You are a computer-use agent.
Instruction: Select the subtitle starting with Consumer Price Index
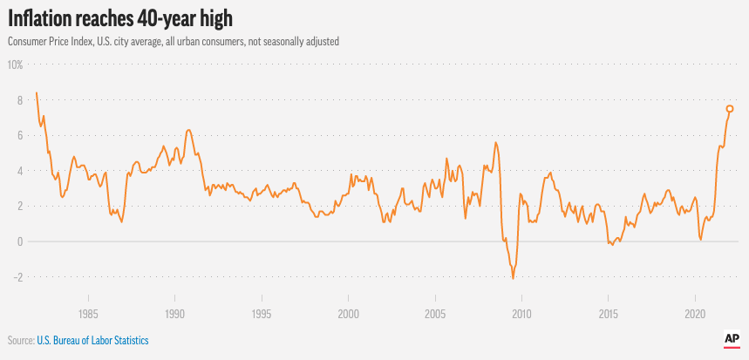(174, 42)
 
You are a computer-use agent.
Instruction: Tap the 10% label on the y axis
(15, 65)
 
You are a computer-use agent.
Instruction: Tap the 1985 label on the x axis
(87, 313)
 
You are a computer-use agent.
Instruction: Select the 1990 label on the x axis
(174, 313)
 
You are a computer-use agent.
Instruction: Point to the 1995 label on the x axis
(261, 313)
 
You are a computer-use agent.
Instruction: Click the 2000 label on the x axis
(348, 313)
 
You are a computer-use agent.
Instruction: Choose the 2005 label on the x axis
(434, 313)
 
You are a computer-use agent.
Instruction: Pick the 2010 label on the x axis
(521, 313)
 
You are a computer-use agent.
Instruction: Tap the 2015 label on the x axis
(608, 313)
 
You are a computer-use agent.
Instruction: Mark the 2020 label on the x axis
(695, 313)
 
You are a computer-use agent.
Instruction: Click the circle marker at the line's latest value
(730, 109)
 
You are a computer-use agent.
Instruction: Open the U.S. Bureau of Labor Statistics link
(92, 340)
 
